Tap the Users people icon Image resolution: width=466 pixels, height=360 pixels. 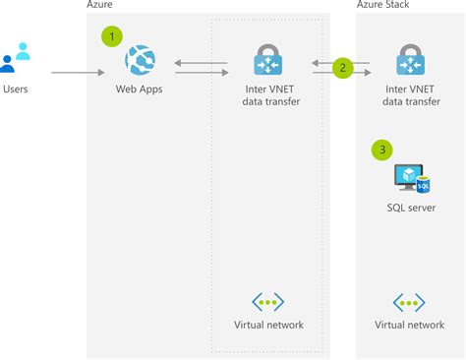click(16, 57)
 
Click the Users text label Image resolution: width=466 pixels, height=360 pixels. click(17, 90)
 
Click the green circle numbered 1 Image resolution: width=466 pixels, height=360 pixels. click(114, 35)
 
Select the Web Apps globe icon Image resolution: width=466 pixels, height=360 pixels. click(139, 62)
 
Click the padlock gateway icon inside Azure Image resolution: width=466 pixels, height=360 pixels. click(268, 60)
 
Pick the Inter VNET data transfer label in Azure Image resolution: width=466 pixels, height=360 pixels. click(268, 96)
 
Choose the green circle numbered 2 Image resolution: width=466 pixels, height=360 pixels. click(342, 68)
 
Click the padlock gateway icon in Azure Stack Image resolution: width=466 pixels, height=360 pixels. click(409, 60)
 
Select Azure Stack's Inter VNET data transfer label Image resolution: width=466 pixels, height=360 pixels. click(409, 96)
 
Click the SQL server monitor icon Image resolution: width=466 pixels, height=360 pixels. click(409, 177)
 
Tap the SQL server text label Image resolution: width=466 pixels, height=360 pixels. click(410, 208)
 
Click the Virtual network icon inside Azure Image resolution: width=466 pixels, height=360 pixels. click(268, 302)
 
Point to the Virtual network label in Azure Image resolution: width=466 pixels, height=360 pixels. click(268, 325)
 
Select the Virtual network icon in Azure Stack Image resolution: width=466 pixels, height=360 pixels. click(409, 302)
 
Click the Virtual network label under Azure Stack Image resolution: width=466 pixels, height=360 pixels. click(409, 325)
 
